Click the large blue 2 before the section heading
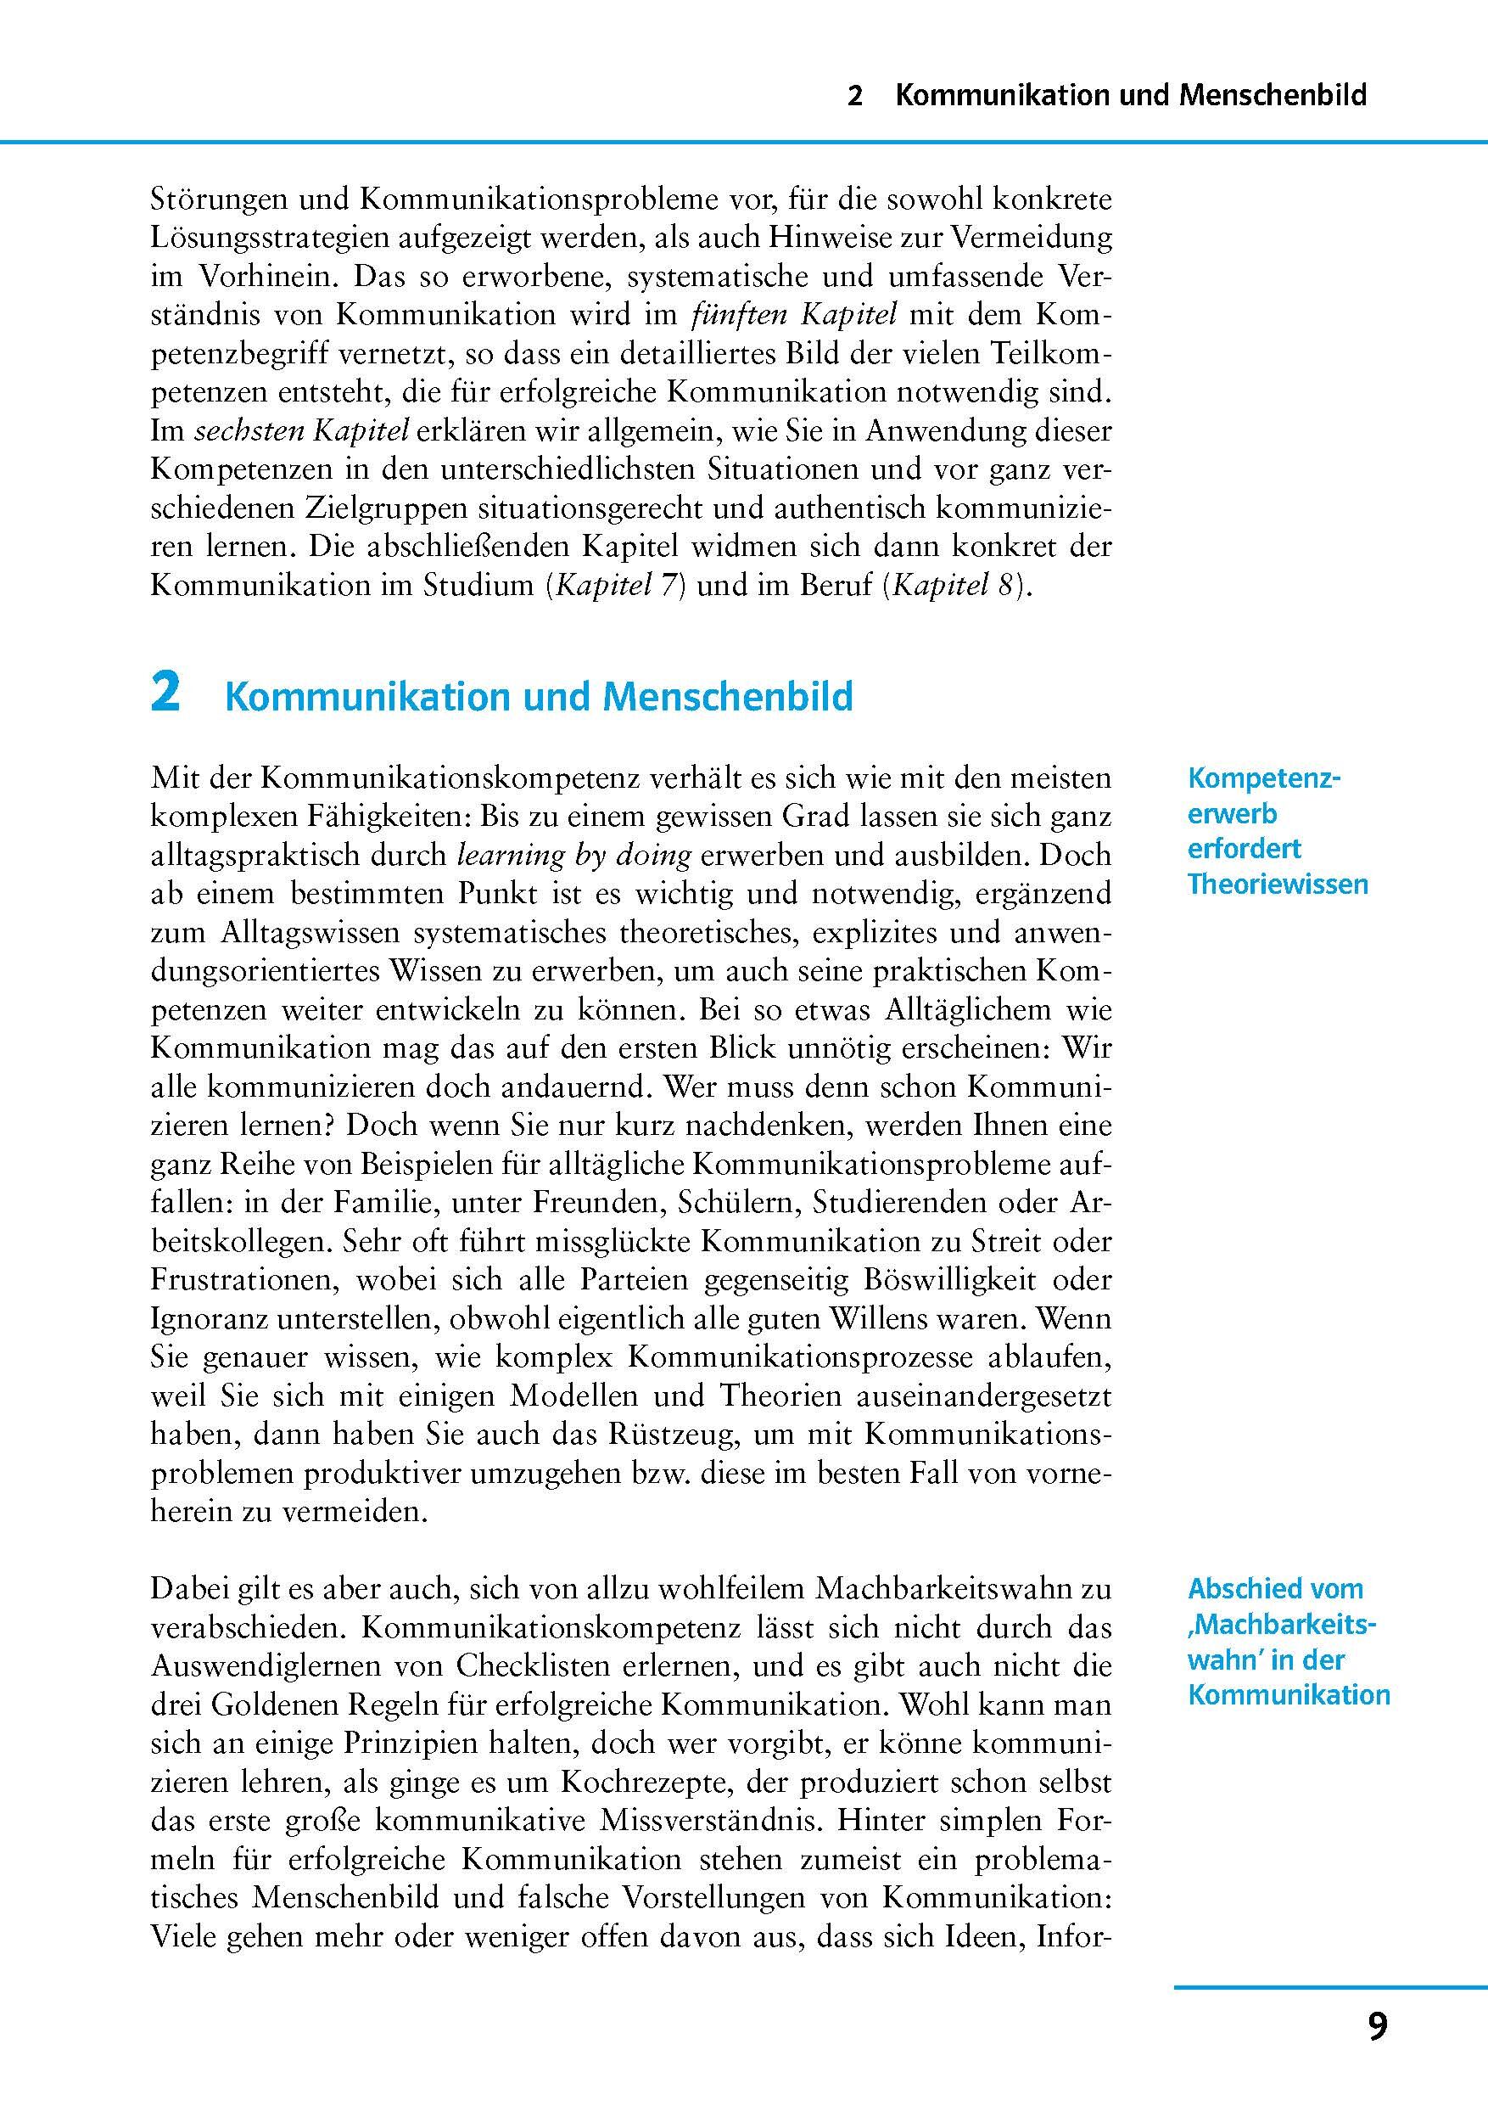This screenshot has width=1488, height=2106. [165, 694]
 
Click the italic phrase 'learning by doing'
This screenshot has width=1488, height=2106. [573, 855]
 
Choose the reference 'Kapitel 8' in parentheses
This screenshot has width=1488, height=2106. [955, 585]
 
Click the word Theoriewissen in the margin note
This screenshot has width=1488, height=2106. [1277, 885]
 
